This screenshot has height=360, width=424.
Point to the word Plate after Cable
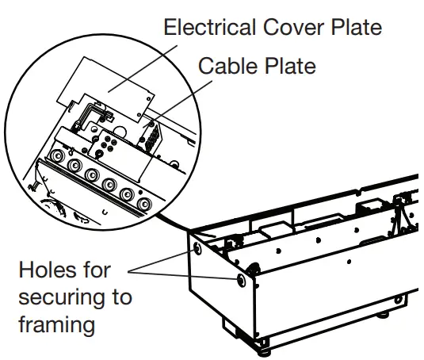point(291,65)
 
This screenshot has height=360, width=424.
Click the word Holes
point(47,270)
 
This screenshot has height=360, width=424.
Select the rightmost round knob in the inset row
point(143,205)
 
